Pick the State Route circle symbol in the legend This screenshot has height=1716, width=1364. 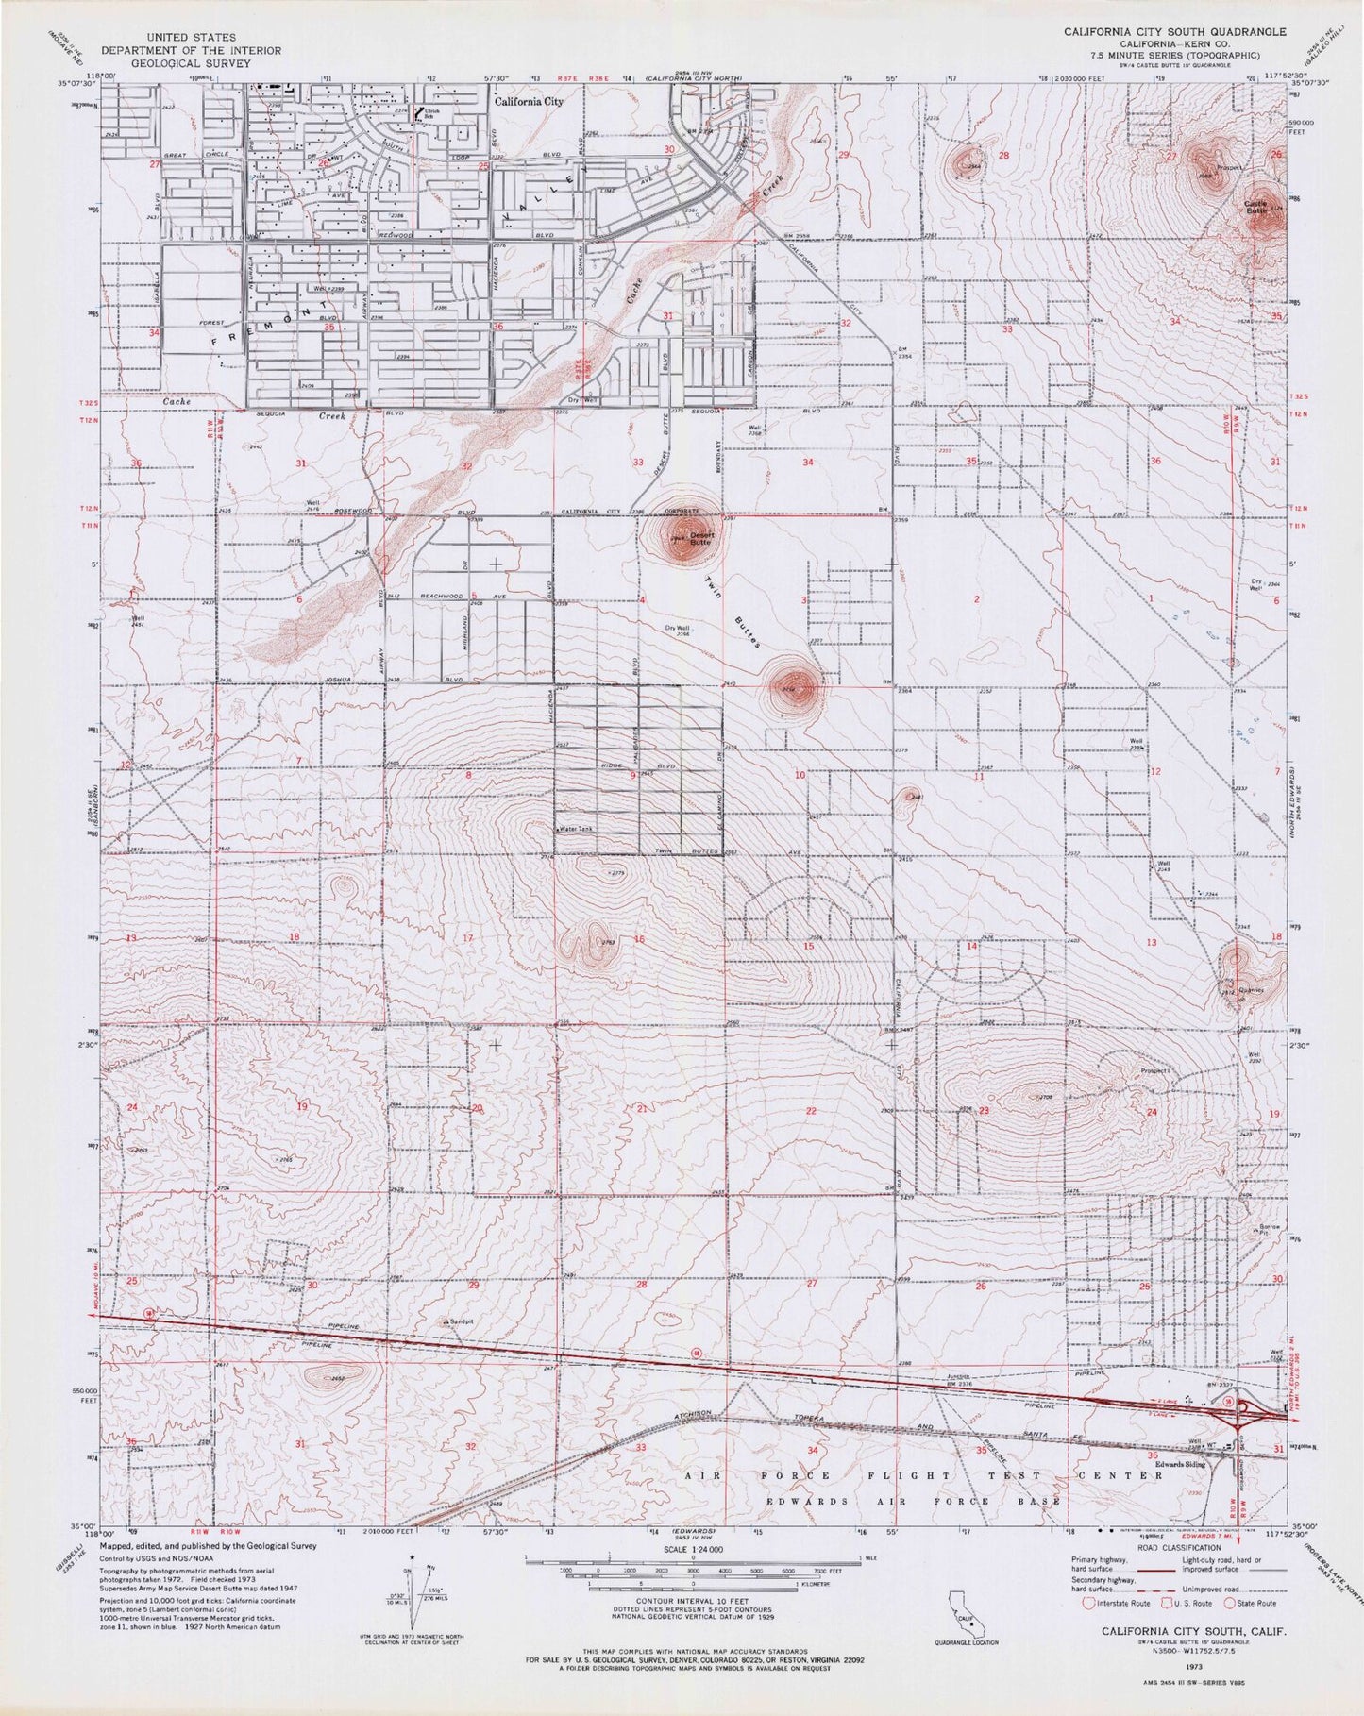pos(1229,1603)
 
